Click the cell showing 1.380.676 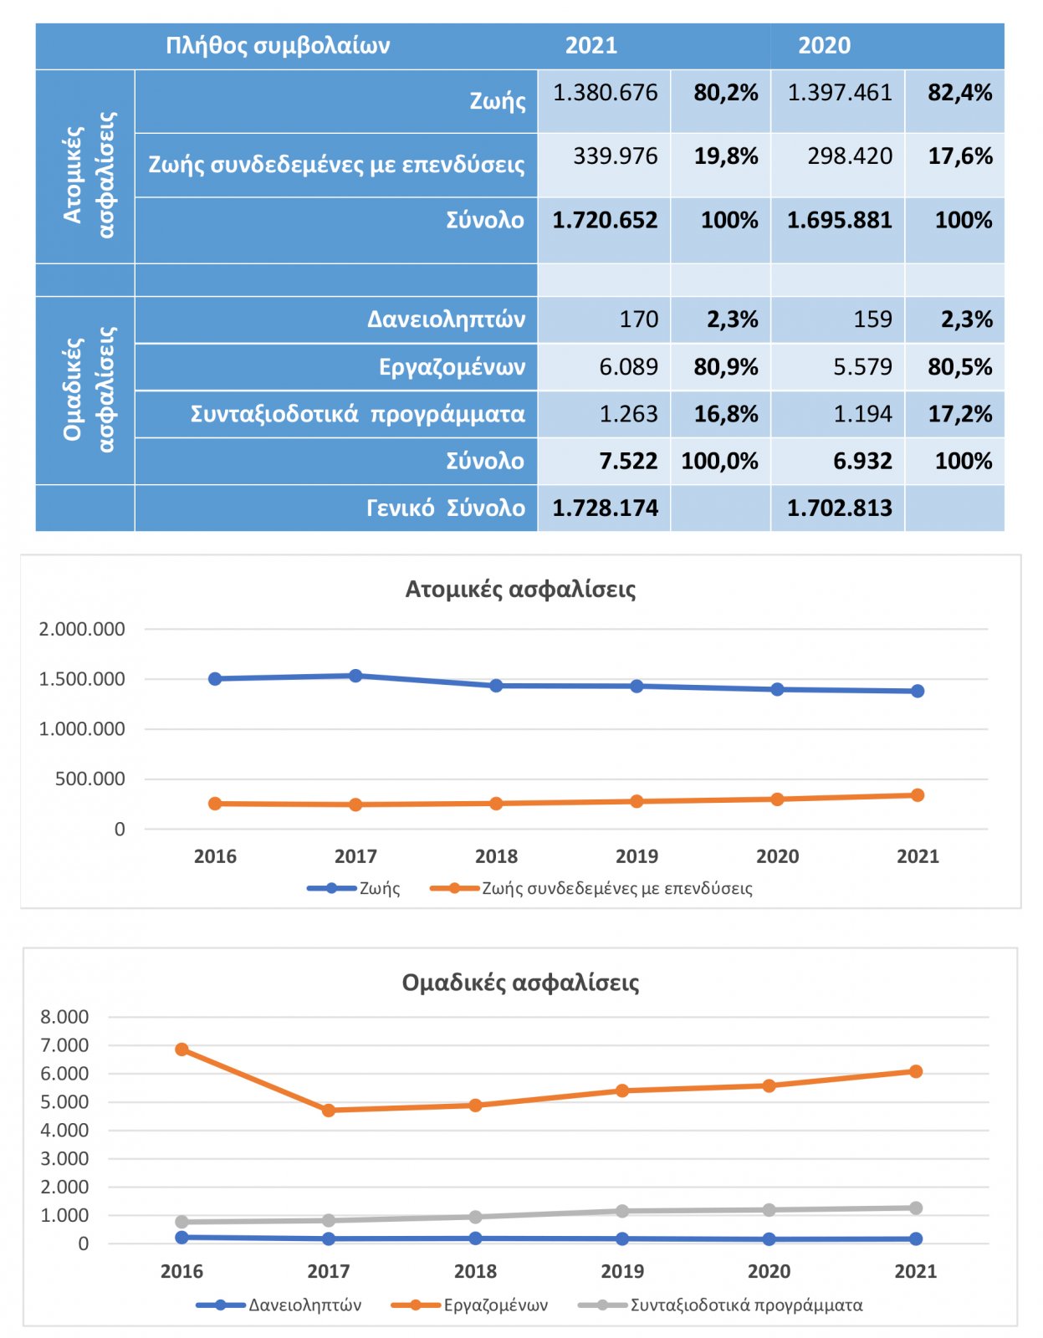point(605,93)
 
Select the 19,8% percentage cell point(726,156)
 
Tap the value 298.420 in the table point(850,156)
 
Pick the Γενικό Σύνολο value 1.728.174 point(605,508)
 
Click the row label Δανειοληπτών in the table point(446,319)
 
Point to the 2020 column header point(825,45)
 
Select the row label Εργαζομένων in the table point(452,368)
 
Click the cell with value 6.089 point(629,367)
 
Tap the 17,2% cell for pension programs point(960,414)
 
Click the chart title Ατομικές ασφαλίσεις point(520,590)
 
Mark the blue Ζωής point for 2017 point(355,676)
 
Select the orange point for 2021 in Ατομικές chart point(918,795)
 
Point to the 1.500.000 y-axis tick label point(82,679)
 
